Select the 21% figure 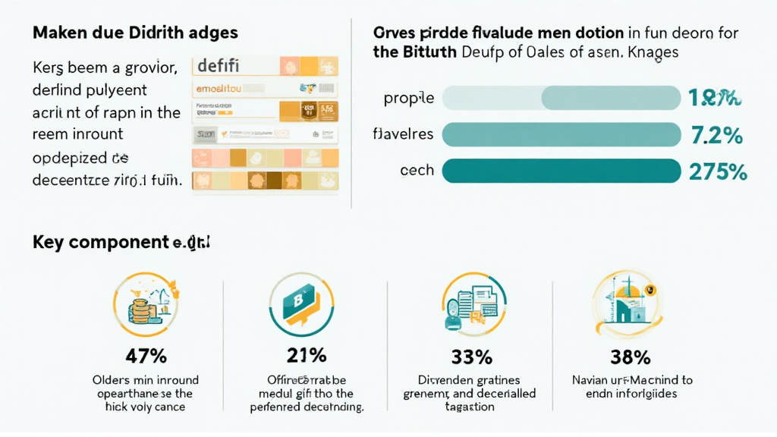pos(307,355)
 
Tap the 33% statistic pos(470,355)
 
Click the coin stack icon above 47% pos(144,305)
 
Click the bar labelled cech pos(561,171)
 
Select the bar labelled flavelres pos(561,134)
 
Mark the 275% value pos(718,171)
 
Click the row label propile pos(409,99)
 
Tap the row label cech pos(417,171)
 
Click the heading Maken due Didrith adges pos(135,33)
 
